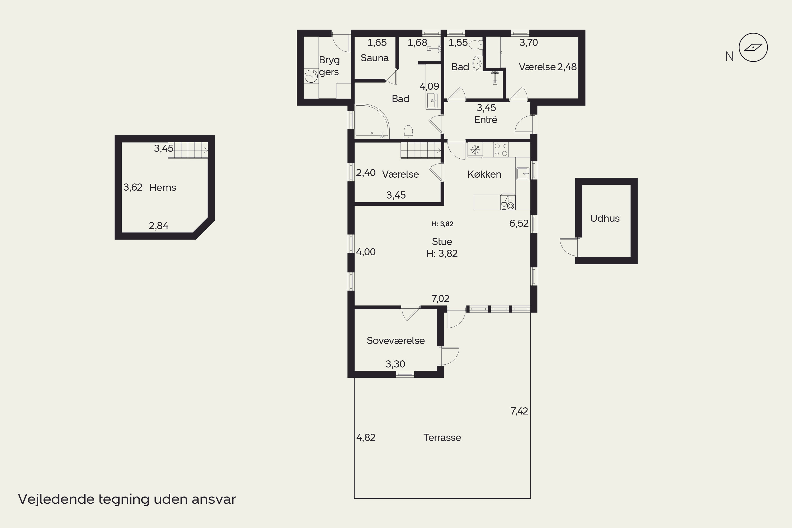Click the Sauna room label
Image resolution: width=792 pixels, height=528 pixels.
click(x=374, y=58)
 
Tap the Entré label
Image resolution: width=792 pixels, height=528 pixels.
click(x=485, y=120)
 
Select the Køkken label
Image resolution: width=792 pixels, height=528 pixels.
click(x=484, y=174)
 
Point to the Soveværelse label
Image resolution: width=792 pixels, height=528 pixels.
click(x=396, y=341)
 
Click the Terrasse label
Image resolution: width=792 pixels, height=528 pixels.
click(x=442, y=437)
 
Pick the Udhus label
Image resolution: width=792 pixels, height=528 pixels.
click(x=605, y=218)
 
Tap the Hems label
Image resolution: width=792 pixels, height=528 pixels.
click(x=163, y=187)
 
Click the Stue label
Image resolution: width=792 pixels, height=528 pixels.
click(x=442, y=242)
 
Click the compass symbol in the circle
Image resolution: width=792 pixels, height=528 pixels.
click(x=753, y=48)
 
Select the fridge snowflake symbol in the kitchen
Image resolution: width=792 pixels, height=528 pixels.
click(x=475, y=149)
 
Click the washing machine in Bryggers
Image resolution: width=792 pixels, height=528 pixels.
click(x=311, y=76)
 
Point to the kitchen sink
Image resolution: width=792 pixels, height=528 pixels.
click(x=523, y=173)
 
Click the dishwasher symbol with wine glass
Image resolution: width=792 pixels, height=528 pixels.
click(x=507, y=202)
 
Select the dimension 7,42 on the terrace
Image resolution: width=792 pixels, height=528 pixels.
click(x=519, y=411)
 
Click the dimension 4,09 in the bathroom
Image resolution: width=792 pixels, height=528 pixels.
click(x=429, y=86)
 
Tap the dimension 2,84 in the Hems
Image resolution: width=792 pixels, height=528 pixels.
click(x=159, y=226)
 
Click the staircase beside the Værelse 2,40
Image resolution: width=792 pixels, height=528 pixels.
click(x=421, y=150)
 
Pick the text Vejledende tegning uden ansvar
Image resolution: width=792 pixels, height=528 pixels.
click(x=127, y=499)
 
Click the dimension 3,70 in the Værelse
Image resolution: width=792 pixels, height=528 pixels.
click(x=529, y=43)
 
